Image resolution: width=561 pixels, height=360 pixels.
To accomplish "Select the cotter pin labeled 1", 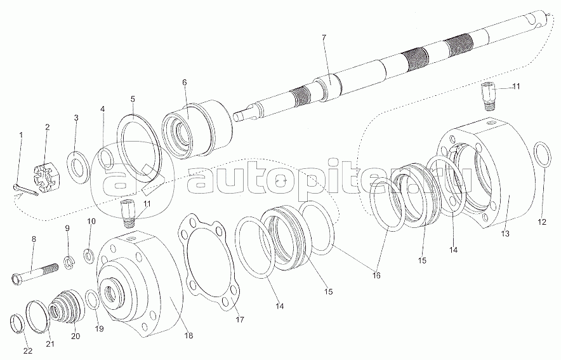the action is coord(25,190).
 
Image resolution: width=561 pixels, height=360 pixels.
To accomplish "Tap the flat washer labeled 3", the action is coord(78,167).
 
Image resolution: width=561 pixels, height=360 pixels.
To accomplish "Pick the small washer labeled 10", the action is coord(89,255).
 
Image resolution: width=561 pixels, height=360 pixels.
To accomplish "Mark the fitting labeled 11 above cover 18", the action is coord(128,213).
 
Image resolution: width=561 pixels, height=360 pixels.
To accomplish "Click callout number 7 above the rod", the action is coord(324,37).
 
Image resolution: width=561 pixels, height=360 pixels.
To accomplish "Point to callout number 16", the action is coord(376,275).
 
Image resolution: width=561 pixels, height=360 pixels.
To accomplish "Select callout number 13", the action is coord(505,234).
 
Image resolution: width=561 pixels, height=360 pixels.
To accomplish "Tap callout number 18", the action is coord(188,335).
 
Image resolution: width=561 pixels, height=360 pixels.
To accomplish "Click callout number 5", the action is coord(133,98).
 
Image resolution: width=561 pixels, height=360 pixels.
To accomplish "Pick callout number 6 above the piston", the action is coord(184,82).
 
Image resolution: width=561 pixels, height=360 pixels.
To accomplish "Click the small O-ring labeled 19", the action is coord(93,299).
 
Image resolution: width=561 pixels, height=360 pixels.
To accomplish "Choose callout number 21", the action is coord(50,343).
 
